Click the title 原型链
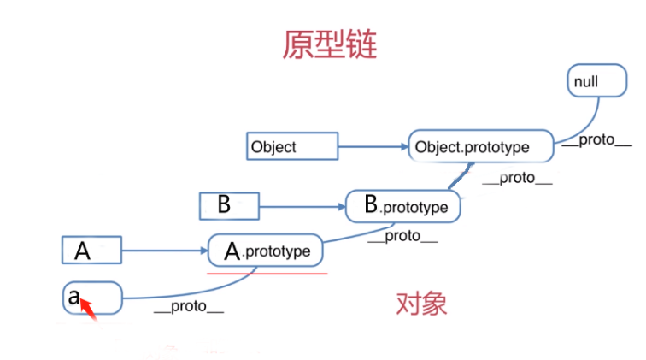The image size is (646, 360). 329,44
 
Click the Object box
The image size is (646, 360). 292,146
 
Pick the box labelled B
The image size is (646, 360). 227,205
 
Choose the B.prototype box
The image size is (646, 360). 402,206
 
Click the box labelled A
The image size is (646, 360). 91,251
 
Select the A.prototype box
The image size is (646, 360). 265,251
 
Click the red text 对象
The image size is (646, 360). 420,304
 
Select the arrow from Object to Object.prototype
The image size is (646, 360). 373,146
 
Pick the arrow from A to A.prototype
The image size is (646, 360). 164,251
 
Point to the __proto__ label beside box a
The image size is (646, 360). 189,307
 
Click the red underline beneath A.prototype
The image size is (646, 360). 267,274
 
